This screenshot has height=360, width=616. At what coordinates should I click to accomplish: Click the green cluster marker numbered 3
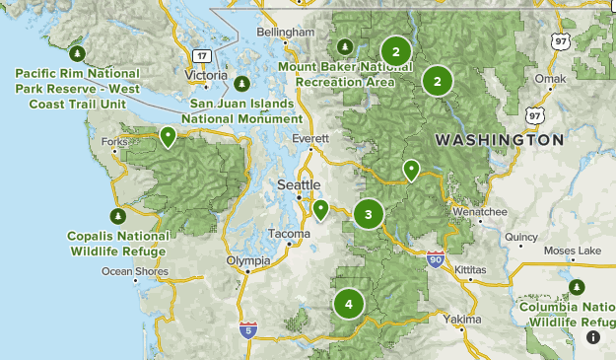point(368,213)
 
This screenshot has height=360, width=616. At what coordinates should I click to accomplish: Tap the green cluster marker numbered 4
point(348,304)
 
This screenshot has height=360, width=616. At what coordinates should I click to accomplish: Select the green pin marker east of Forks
point(169,136)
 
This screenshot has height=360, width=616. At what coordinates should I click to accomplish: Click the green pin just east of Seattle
point(320,208)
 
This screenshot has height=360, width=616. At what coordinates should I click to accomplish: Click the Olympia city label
point(247,260)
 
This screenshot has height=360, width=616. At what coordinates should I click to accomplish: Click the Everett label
point(317,140)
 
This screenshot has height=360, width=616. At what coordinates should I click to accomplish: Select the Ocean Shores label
point(135,271)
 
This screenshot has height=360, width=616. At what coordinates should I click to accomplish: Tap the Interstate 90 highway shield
point(436,260)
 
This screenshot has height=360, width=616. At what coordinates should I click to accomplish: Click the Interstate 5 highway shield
point(247,330)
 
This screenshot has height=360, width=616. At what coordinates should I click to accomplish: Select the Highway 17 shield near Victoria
point(200,55)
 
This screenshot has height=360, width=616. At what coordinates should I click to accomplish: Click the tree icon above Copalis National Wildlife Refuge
point(117,216)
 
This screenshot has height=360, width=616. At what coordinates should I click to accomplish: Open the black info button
point(593,337)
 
